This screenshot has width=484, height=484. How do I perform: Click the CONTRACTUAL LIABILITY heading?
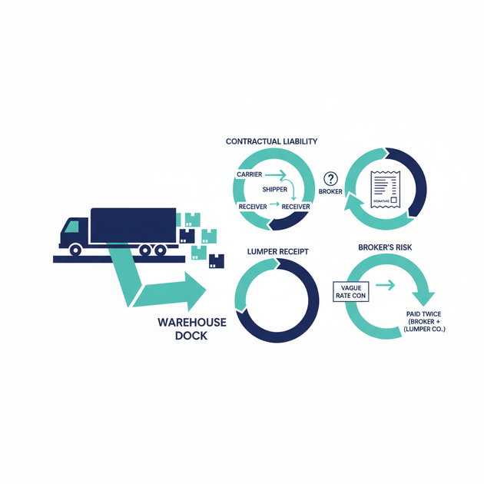(x=271, y=142)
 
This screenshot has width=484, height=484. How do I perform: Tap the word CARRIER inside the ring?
(x=250, y=175)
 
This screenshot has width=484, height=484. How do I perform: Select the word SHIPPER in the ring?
(x=276, y=190)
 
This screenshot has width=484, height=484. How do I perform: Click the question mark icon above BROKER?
(x=332, y=177)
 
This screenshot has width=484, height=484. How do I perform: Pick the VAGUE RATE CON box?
(x=350, y=292)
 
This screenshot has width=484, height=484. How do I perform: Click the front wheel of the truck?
(x=76, y=250)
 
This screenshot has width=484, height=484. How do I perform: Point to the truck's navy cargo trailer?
(x=134, y=224)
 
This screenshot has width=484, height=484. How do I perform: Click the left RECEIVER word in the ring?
(x=253, y=207)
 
